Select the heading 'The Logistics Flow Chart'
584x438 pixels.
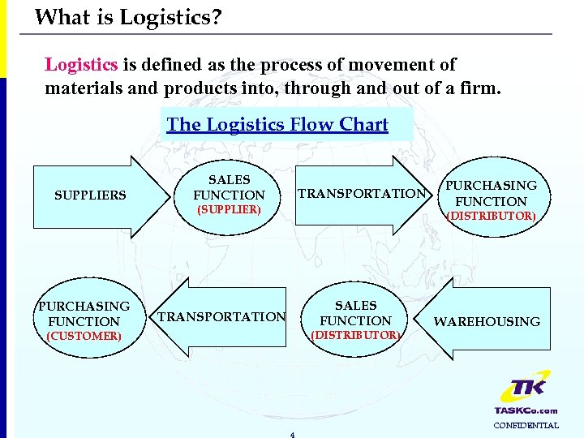pyautogui.click(x=277, y=124)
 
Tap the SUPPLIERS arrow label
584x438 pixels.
pyautogui.click(x=90, y=195)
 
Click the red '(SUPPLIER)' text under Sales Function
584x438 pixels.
pyautogui.click(x=230, y=209)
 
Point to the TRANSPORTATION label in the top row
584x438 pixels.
pyautogui.click(x=362, y=194)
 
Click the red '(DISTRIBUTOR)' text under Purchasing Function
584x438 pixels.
pyautogui.click(x=491, y=216)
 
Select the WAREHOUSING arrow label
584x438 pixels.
pyautogui.click(x=487, y=322)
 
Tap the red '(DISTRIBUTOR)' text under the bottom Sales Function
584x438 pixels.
pyautogui.click(x=356, y=335)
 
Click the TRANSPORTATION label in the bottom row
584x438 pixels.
pyautogui.click(x=221, y=317)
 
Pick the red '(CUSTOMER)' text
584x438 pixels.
pyautogui.click(x=84, y=336)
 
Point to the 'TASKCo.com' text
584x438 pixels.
pyautogui.click(x=526, y=410)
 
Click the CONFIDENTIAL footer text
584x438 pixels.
pyautogui.click(x=526, y=425)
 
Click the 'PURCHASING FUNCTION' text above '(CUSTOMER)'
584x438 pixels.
pyautogui.click(x=84, y=314)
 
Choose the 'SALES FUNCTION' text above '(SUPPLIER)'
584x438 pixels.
pyautogui.click(x=230, y=187)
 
